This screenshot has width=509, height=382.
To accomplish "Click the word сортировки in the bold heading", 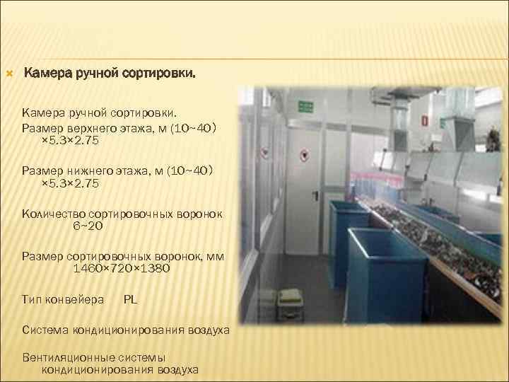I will [160, 73].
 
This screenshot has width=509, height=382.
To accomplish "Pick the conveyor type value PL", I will [130, 299].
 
